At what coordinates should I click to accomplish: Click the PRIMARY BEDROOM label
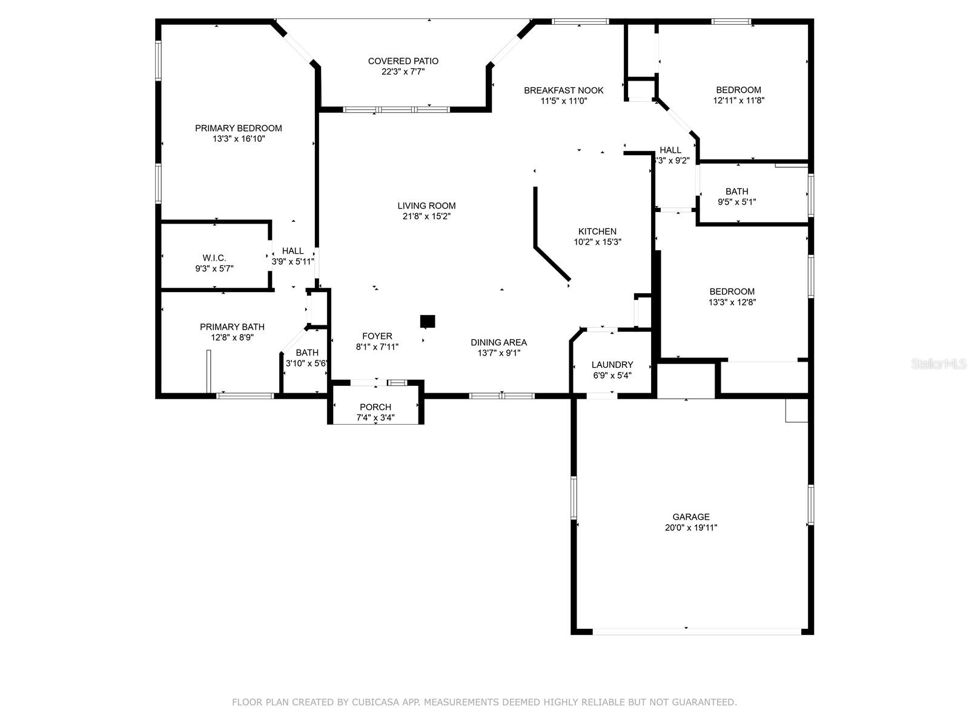click(x=239, y=128)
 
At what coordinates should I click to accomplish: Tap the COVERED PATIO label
click(x=403, y=61)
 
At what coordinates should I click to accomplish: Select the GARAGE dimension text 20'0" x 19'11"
click(x=691, y=528)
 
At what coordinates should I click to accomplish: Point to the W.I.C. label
click(x=214, y=258)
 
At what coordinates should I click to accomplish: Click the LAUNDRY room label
click(x=612, y=365)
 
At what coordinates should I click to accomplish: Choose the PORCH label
click(x=375, y=407)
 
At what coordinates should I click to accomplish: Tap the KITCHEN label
click(x=597, y=232)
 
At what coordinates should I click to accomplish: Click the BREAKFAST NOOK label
click(x=564, y=90)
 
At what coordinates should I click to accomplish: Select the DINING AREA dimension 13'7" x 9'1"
click(x=499, y=353)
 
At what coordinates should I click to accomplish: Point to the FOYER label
click(x=377, y=336)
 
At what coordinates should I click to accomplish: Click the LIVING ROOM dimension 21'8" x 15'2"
click(x=426, y=216)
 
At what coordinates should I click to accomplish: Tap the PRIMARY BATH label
click(x=232, y=327)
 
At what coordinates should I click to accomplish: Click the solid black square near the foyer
click(x=428, y=321)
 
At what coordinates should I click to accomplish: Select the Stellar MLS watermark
click(x=939, y=363)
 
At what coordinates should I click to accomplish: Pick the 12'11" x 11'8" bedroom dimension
click(x=738, y=101)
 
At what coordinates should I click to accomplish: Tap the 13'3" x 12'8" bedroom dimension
click(x=732, y=302)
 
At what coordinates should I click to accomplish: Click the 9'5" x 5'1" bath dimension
click(x=737, y=202)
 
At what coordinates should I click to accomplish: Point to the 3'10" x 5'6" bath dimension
click(x=306, y=363)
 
